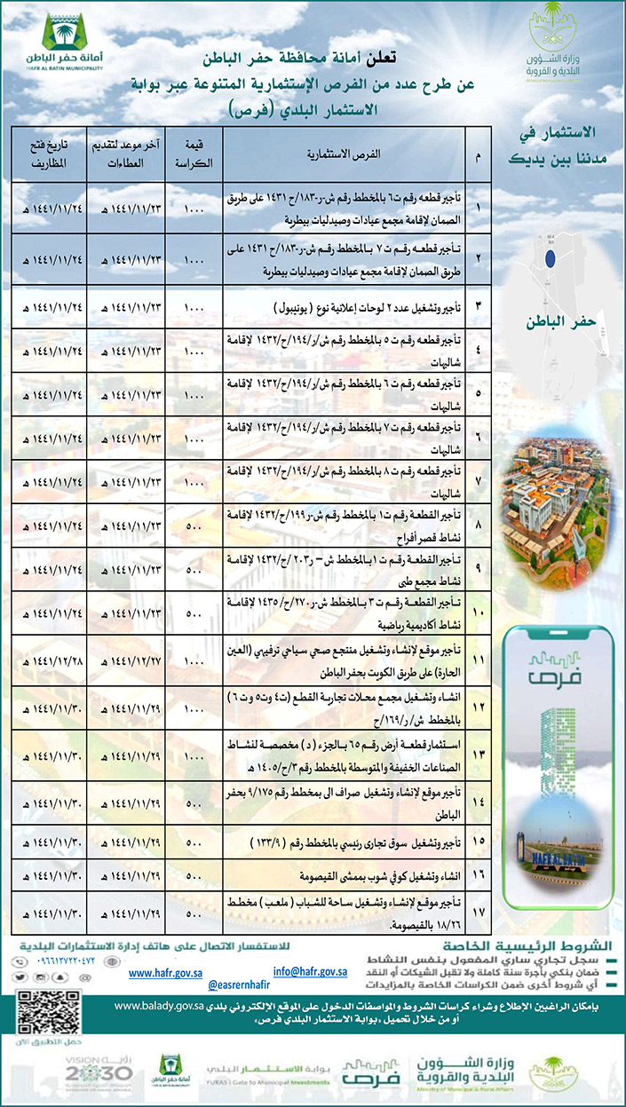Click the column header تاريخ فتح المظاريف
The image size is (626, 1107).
pos(52,154)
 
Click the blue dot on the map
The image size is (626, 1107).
pos(550,259)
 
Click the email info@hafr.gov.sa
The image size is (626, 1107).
pos(309,973)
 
